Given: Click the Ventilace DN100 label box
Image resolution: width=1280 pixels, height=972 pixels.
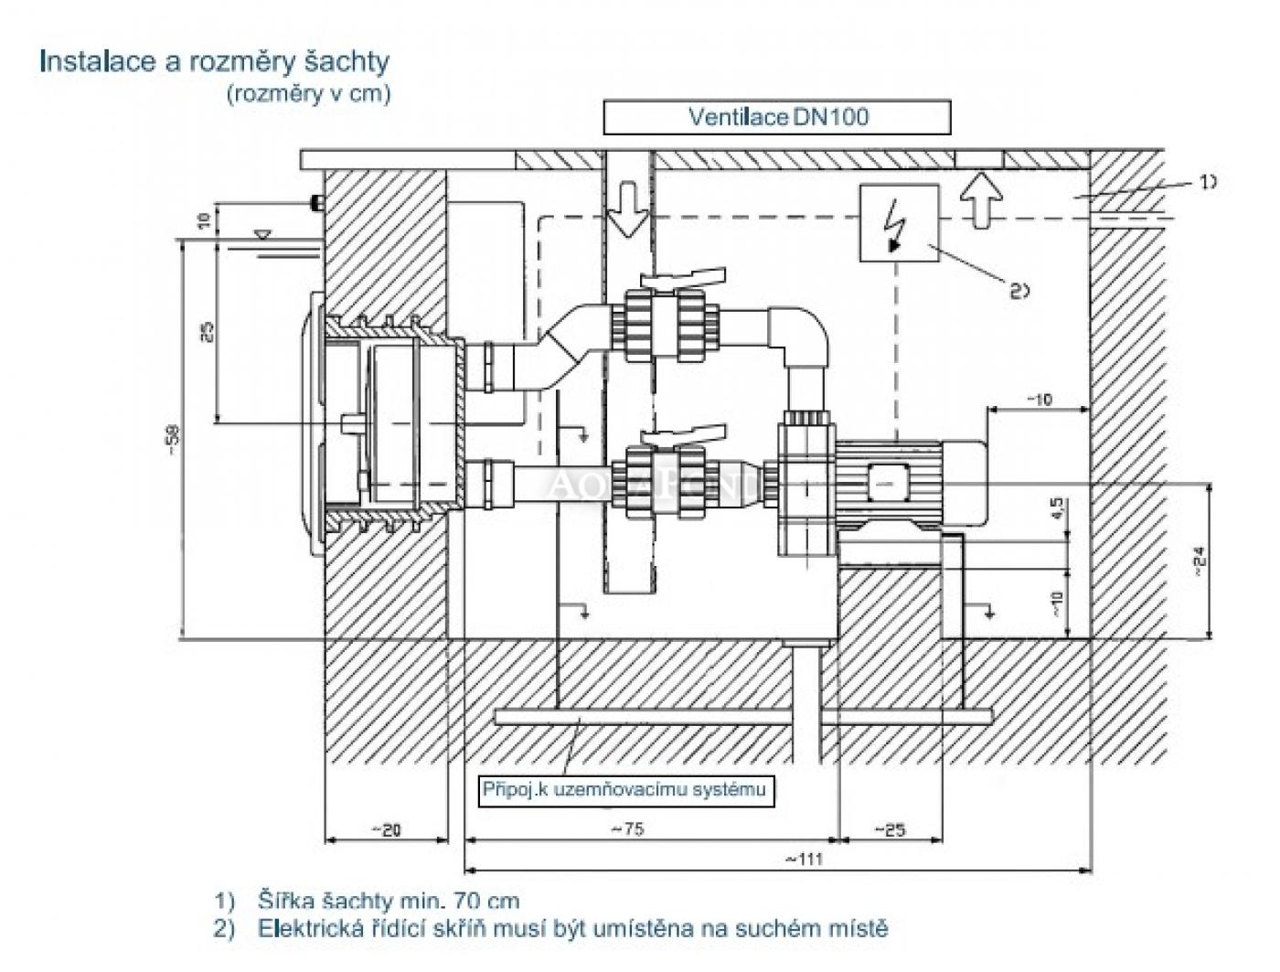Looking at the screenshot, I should (776, 117).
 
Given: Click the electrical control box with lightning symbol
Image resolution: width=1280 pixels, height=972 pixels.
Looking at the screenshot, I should (899, 223).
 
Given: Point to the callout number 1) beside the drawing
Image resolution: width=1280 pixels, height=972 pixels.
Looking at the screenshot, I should (1208, 182).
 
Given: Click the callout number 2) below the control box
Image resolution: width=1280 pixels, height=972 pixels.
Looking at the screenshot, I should (1019, 291).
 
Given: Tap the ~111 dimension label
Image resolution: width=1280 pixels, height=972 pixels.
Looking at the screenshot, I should (804, 859).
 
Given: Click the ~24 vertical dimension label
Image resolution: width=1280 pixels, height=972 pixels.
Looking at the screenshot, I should (1200, 560).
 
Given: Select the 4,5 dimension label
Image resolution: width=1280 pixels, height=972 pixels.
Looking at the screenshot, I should (1057, 509).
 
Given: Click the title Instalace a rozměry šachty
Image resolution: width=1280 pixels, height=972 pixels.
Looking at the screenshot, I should (214, 61).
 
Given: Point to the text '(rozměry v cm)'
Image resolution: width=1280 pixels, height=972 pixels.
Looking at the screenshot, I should (308, 93).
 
